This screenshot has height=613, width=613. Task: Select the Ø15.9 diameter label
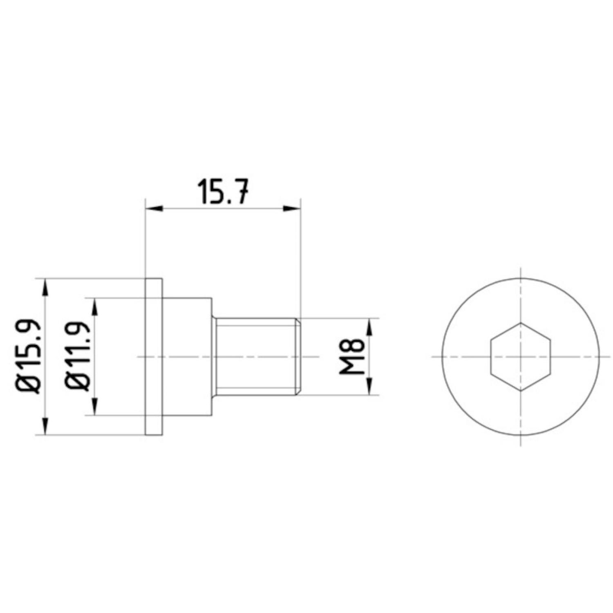point(31,356)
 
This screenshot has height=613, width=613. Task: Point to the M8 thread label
point(351,356)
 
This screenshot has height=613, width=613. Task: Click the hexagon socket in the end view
point(520,356)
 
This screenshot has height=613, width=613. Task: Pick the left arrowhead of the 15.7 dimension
point(154,209)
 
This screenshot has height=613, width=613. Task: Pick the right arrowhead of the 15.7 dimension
point(292,209)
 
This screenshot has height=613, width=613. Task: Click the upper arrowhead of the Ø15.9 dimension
point(46,287)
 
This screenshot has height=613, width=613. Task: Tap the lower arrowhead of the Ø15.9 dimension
point(46,426)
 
